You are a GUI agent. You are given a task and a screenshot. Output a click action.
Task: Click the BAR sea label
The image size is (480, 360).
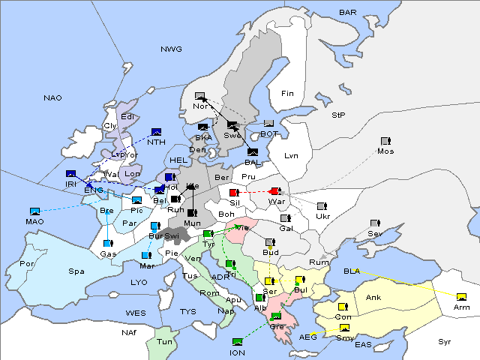pyautogui.click(x=347, y=13)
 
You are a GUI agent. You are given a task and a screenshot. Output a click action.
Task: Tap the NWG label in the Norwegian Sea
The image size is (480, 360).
pyautogui.click(x=171, y=49)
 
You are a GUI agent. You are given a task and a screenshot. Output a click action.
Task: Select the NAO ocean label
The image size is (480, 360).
pyautogui.click(x=52, y=98)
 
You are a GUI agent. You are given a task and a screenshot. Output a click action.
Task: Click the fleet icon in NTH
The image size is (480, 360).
pyautogui.click(x=156, y=132)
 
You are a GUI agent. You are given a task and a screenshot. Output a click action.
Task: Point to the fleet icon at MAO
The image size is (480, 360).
pyautogui.click(x=34, y=211)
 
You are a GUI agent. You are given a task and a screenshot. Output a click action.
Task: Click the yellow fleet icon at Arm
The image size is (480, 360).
pyautogui.click(x=460, y=297)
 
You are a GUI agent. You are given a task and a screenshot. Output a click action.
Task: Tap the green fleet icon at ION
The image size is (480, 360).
pyautogui.click(x=238, y=342)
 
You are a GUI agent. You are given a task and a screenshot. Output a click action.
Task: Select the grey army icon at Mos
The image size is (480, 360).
pyautogui.click(x=385, y=141)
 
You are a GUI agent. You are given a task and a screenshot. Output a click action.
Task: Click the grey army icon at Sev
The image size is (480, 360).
pyautogui.click(x=375, y=224)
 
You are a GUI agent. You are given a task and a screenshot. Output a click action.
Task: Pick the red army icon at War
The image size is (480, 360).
pyautogui.click(x=274, y=192)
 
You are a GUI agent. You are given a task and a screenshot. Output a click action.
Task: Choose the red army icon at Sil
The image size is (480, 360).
pyautogui.click(x=233, y=193)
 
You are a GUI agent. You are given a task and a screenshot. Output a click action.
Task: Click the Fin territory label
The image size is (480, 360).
pyautogui.click(x=287, y=94)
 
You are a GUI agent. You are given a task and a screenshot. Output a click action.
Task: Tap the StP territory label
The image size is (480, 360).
pyautogui.click(x=338, y=115)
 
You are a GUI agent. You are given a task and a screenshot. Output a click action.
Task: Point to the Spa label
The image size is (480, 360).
pyautogui.click(x=76, y=271)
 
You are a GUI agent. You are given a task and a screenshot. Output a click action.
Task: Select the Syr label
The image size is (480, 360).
pyautogui.click(x=445, y=342)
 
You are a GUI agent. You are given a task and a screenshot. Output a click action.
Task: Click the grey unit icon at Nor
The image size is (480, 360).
pyautogui.click(x=199, y=96)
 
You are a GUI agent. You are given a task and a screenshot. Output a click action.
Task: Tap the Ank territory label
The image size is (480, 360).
pyautogui.click(x=373, y=298)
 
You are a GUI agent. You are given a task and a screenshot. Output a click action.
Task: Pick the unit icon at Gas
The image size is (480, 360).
pyautogui.click(x=109, y=244)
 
